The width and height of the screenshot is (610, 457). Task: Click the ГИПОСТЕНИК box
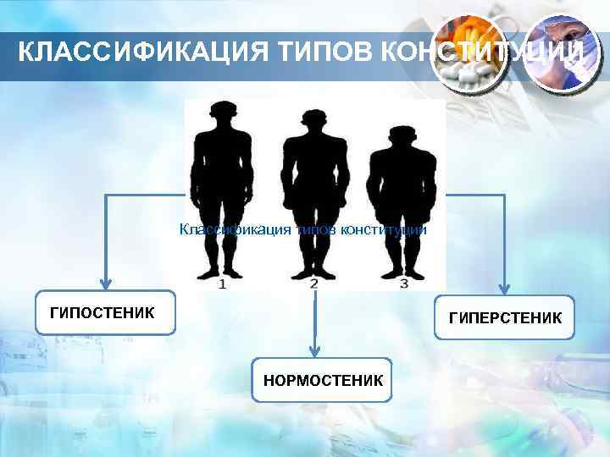pos(105,313)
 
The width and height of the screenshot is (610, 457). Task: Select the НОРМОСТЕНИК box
pos(323,381)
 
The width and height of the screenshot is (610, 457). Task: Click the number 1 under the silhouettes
pos(222,284)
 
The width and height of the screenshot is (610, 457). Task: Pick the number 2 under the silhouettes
pos(314,284)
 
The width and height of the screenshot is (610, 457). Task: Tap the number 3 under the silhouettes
pos(403,284)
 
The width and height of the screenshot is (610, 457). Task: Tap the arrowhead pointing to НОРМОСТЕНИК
pos(314,349)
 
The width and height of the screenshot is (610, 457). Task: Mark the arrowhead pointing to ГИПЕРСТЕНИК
pos(505,288)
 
